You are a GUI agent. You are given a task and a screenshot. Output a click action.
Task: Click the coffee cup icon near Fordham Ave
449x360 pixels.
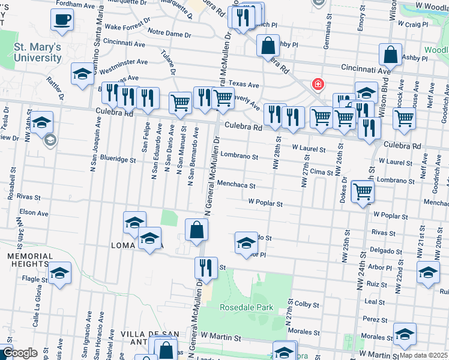(62, 20)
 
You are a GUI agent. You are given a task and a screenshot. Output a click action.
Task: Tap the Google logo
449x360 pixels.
(20, 353)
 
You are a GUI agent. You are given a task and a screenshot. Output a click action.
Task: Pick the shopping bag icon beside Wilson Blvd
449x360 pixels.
(390, 55)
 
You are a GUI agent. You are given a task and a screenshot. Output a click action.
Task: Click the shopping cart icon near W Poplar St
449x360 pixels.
(363, 192)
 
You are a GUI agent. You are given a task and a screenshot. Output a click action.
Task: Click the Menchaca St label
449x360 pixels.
(237, 185)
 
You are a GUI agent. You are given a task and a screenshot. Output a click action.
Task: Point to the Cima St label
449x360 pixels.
(321, 172)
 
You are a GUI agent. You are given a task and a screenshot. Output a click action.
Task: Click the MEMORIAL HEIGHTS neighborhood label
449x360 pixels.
(28, 260)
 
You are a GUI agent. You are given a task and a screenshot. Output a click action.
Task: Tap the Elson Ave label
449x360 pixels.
(34, 212)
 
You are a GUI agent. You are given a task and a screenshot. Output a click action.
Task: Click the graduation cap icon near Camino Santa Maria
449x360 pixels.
(82, 74)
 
